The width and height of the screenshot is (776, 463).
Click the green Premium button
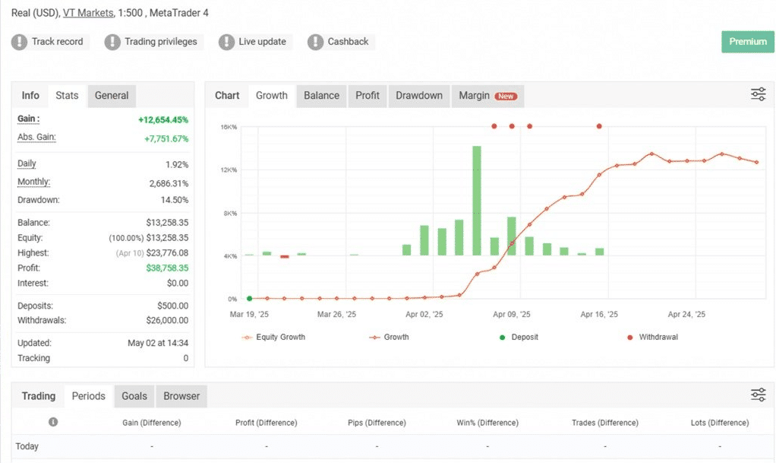click(x=747, y=42)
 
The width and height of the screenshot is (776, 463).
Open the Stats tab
click(x=67, y=96)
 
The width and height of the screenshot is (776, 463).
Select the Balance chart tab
click(x=321, y=96)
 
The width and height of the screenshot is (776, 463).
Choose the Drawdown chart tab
click(x=418, y=96)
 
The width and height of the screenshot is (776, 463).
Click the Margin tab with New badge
click(x=487, y=96)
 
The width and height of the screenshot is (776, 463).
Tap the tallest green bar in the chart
click(x=477, y=201)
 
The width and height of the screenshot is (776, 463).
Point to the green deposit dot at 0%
click(x=249, y=299)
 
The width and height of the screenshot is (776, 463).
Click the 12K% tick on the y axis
click(x=229, y=170)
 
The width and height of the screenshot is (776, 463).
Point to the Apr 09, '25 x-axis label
click(x=511, y=314)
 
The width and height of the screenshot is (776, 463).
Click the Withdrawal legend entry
click(x=653, y=337)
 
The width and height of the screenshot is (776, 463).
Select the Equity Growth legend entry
click(x=273, y=337)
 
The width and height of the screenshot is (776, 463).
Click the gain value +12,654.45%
click(x=163, y=120)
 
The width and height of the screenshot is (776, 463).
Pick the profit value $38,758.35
click(x=167, y=268)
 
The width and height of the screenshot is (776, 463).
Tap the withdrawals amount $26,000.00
click(x=167, y=321)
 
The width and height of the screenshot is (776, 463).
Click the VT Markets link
click(x=88, y=13)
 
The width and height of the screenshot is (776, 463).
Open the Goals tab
click(x=134, y=396)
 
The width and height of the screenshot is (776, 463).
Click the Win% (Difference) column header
click(x=487, y=423)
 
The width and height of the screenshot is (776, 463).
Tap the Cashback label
click(x=348, y=42)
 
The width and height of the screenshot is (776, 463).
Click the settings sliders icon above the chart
click(x=759, y=94)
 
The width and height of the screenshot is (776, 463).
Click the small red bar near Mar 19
click(x=285, y=257)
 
